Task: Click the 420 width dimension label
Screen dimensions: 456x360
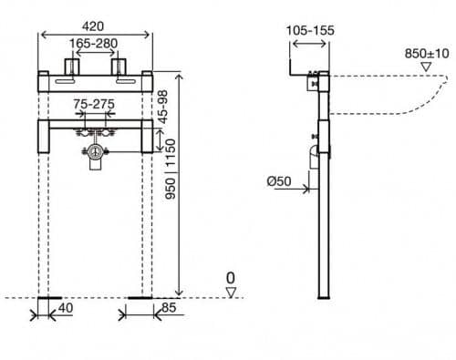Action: pyautogui.click(x=93, y=26)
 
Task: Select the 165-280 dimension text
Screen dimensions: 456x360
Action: pyautogui.click(x=93, y=44)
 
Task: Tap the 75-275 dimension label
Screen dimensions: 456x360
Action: pyautogui.click(x=94, y=104)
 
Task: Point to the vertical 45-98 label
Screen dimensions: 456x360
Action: pyautogui.click(x=163, y=107)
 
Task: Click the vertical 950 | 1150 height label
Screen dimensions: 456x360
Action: pyautogui.click(x=171, y=170)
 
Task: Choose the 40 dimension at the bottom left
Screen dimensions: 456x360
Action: pyautogui.click(x=66, y=308)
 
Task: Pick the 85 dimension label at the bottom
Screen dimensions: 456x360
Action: pyautogui.click(x=169, y=308)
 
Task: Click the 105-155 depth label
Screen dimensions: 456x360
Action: pyautogui.click(x=310, y=30)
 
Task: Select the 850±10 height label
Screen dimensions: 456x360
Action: pyautogui.click(x=427, y=54)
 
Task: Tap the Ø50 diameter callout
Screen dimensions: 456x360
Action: pyautogui.click(x=279, y=181)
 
